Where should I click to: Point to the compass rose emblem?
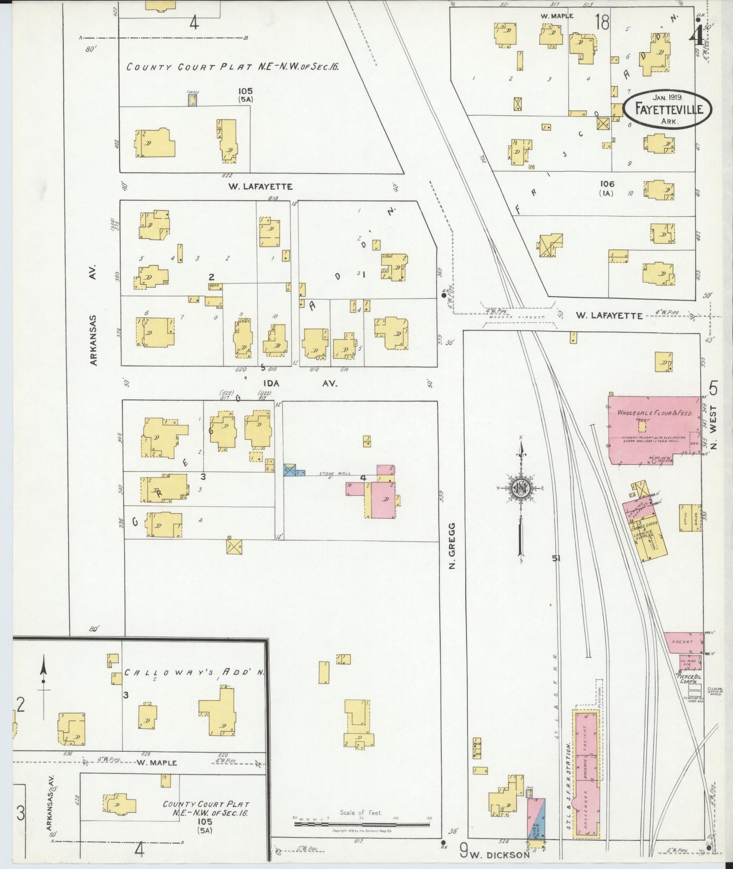point(521,488)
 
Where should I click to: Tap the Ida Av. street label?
point(298,383)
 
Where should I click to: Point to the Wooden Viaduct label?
point(518,318)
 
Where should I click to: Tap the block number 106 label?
point(607,184)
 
